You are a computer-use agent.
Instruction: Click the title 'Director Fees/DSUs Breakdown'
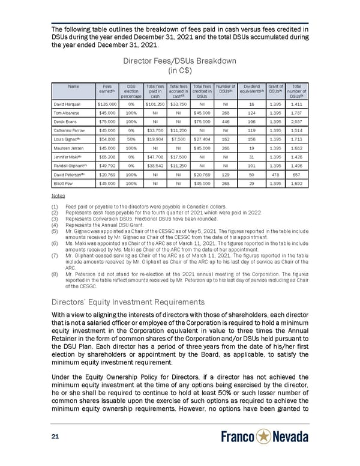[179, 61]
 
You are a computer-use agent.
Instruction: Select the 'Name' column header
[74, 86]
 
